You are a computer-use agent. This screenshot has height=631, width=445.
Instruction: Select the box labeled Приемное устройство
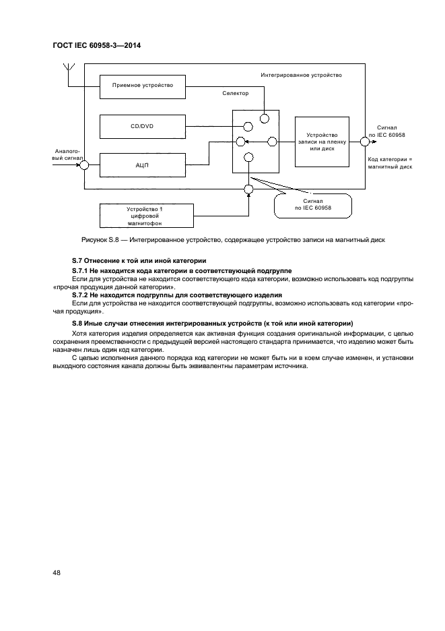(x=143, y=86)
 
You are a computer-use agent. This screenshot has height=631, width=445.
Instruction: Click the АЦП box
(x=143, y=164)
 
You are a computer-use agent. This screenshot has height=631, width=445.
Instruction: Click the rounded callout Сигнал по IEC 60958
(x=313, y=205)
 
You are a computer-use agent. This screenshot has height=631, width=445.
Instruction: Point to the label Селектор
(x=235, y=94)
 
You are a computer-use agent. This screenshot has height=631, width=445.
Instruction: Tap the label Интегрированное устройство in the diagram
(x=301, y=75)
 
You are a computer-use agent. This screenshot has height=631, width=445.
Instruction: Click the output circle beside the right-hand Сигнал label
(x=364, y=141)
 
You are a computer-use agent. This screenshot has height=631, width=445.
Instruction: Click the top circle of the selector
(x=265, y=118)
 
